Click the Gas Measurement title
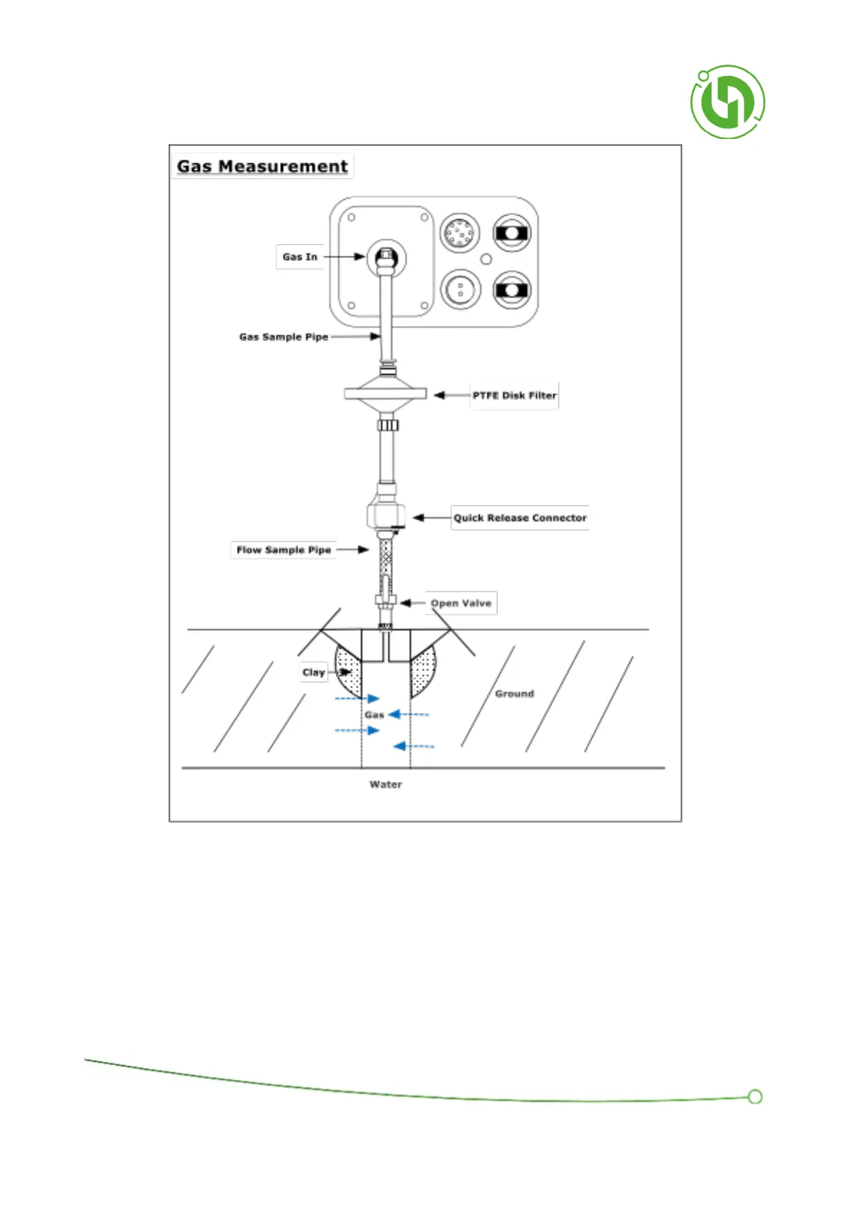pos(262,166)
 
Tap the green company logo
pos(727,102)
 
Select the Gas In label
pos(299,257)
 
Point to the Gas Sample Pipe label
pos(284,337)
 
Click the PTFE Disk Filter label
pos(514,395)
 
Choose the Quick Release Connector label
pos(520,518)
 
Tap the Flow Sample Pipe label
pos(284,550)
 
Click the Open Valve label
pos(461,603)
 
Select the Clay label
pos(313,672)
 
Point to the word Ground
pos(514,694)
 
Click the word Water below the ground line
pos(385,785)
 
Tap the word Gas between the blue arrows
pos(374,715)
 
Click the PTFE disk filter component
pos(385,394)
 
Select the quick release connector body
pos(385,513)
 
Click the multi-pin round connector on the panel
pos(460,233)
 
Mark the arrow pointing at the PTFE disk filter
pos(451,395)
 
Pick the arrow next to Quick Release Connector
pos(431,518)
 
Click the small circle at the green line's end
pos(754,1097)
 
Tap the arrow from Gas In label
pos(345,257)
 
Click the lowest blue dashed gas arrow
pos(413,746)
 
